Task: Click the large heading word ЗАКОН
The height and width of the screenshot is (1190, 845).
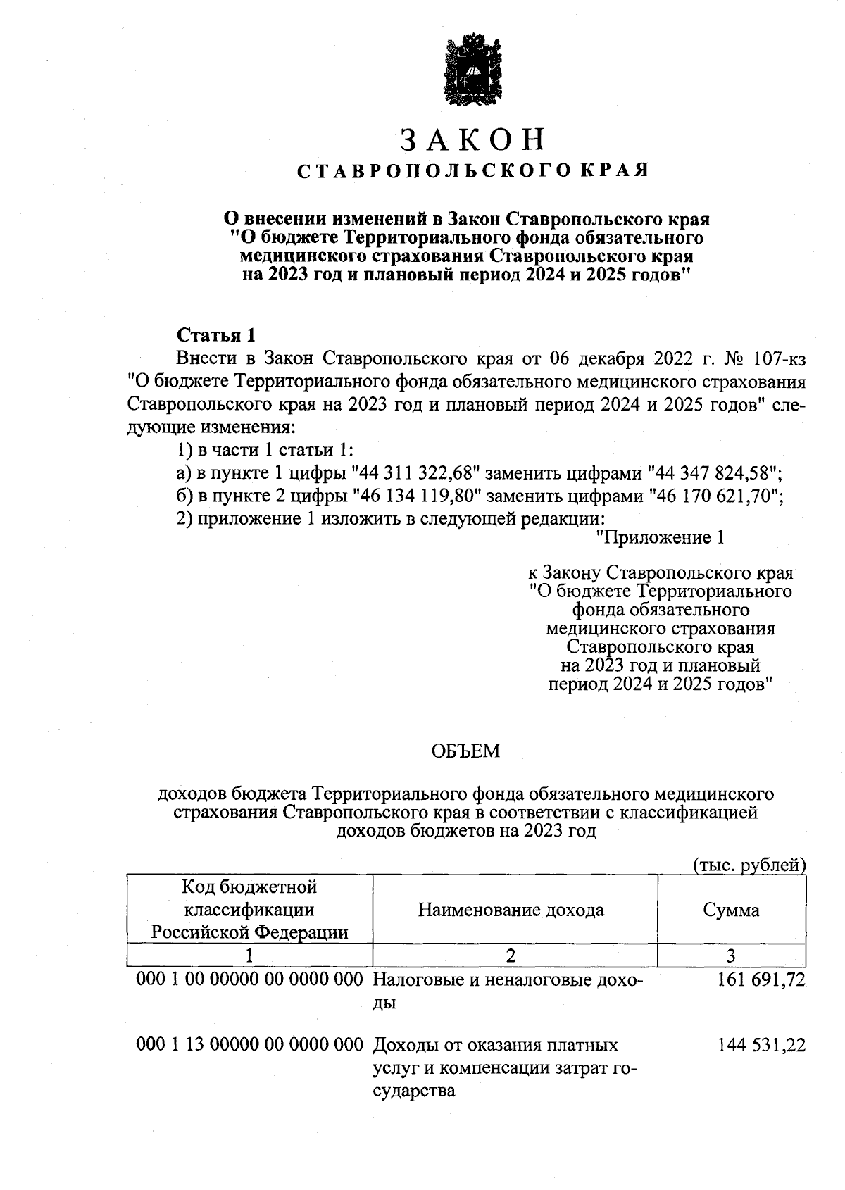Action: [x=472, y=139]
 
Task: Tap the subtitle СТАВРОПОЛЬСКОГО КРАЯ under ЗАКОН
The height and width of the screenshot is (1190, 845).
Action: [x=472, y=171]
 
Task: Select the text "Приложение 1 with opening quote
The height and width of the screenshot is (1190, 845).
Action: [x=660, y=539]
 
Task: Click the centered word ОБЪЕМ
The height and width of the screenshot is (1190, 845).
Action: [x=465, y=751]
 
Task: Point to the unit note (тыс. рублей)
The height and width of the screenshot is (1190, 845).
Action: [x=749, y=865]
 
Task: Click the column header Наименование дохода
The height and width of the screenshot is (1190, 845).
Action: [x=511, y=910]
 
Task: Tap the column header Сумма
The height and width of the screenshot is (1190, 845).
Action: [x=731, y=910]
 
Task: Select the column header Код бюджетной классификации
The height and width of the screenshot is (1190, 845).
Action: [x=250, y=910]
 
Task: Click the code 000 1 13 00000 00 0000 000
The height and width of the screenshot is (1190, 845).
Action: [x=250, y=1046]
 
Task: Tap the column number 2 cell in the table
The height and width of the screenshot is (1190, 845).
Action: [x=511, y=956]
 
